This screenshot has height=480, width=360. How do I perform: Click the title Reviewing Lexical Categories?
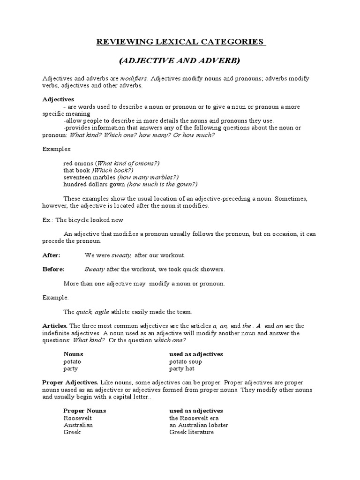[180, 42]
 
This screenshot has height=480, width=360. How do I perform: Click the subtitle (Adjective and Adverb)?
[180, 60]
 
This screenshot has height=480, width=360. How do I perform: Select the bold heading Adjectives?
[58, 99]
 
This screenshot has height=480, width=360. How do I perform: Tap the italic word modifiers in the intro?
[134, 78]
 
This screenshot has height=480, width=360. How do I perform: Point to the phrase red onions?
[78, 163]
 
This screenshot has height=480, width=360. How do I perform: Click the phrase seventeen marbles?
[89, 177]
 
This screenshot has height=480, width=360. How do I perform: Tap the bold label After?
[51, 255]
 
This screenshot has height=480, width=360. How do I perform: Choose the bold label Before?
[53, 269]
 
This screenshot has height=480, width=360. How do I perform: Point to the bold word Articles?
[55, 326]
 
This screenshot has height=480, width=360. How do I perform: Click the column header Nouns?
[73, 354]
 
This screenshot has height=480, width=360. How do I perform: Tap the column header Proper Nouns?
[85, 411]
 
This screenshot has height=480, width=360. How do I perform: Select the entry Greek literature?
[191, 432]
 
